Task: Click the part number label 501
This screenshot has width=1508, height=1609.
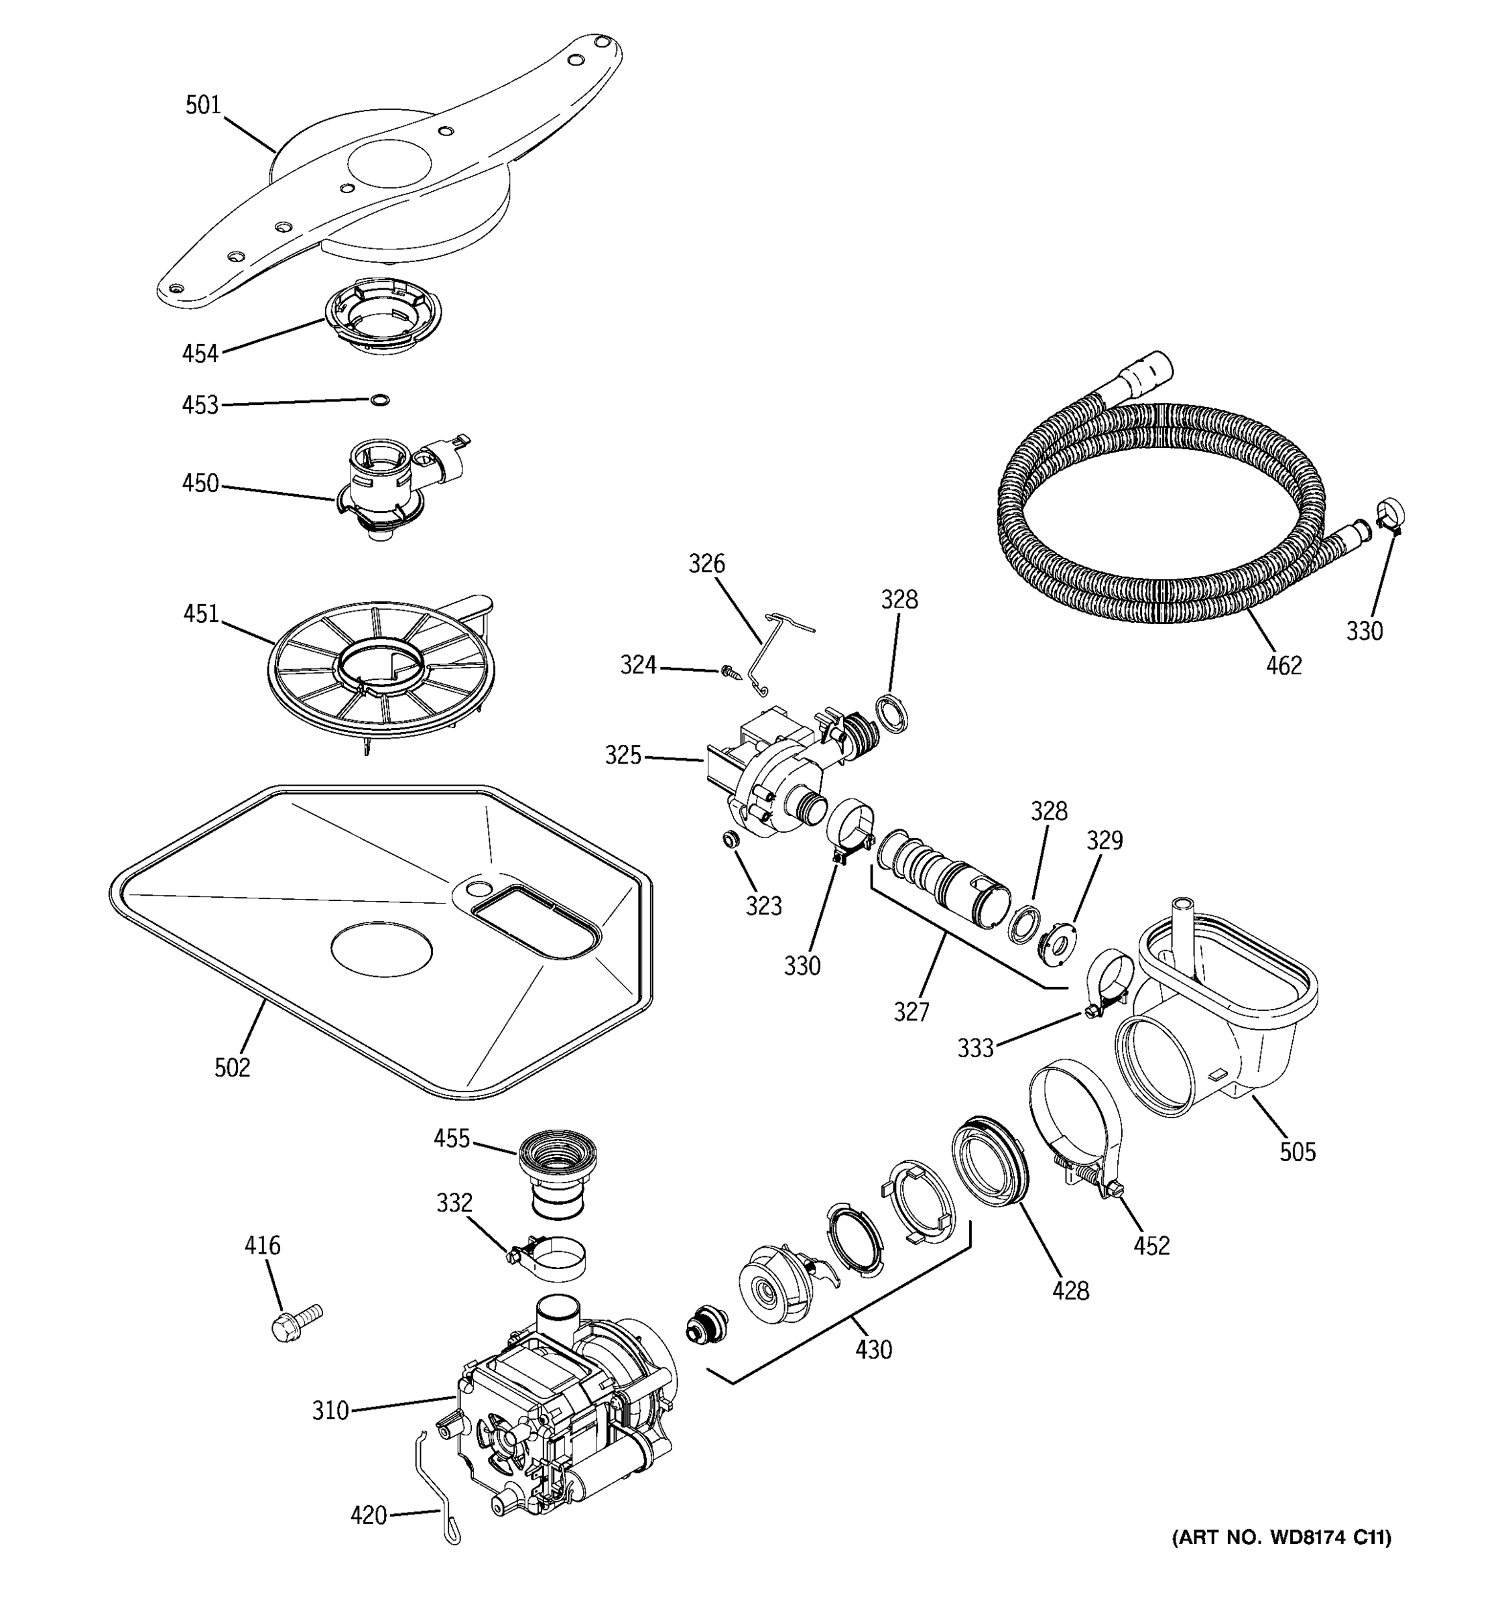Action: coord(203,105)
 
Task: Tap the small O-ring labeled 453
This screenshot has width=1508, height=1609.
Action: coord(379,399)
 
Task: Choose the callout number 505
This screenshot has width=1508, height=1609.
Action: coord(1297,1151)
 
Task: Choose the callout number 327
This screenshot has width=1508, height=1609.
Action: coord(911,1011)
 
